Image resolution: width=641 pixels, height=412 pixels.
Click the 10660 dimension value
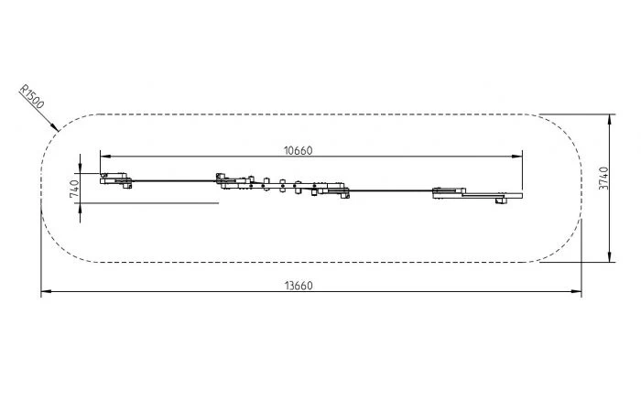[x=298, y=151]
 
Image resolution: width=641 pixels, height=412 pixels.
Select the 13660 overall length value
[x=299, y=286]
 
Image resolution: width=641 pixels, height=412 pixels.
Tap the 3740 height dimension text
[x=603, y=179]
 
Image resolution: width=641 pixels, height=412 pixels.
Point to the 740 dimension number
[x=75, y=189]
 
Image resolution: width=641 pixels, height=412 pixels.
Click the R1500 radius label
[x=31, y=97]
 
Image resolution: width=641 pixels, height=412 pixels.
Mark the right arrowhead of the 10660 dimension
[x=517, y=157]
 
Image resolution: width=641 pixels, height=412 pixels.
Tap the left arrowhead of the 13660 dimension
[x=46, y=291]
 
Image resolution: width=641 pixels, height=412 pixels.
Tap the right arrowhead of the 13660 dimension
[x=576, y=291]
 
